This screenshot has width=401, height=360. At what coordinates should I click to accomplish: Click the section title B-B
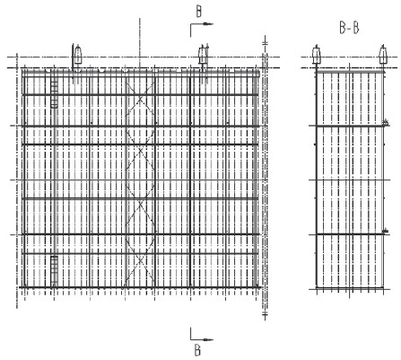coord(349,28)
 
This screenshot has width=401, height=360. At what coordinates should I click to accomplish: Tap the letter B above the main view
coord(199,12)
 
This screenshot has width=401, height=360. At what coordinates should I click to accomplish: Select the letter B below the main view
coord(197,350)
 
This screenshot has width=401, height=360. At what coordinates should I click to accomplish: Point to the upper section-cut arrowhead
coord(208,24)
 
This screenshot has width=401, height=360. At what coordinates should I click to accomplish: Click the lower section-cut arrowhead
coord(208,339)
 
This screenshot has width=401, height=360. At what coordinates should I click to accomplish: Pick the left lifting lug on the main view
coord(78,55)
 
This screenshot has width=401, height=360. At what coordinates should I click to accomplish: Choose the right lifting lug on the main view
coord(203,55)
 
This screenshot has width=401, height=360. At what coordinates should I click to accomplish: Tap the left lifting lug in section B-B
coord(317,55)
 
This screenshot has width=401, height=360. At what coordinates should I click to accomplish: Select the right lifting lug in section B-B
coord(383,55)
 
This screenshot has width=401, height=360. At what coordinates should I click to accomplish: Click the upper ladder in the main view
coord(54,93)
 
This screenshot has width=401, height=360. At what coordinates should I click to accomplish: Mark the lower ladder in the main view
coord(54,271)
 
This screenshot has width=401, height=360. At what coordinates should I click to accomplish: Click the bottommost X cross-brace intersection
coord(140,261)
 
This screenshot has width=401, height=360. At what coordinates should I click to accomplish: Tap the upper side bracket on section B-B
coord(386,122)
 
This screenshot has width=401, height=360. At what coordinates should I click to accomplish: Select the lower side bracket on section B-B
coord(386,231)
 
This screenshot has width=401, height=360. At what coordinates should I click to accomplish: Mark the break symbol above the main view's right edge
coord(265,43)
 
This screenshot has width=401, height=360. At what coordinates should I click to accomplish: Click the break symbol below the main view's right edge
coord(265,314)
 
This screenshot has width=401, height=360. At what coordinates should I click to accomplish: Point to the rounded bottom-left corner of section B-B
coord(318,287)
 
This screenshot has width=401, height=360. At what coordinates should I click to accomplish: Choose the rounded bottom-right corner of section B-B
coord(382,287)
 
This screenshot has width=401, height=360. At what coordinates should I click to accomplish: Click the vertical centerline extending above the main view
coord(140,43)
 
